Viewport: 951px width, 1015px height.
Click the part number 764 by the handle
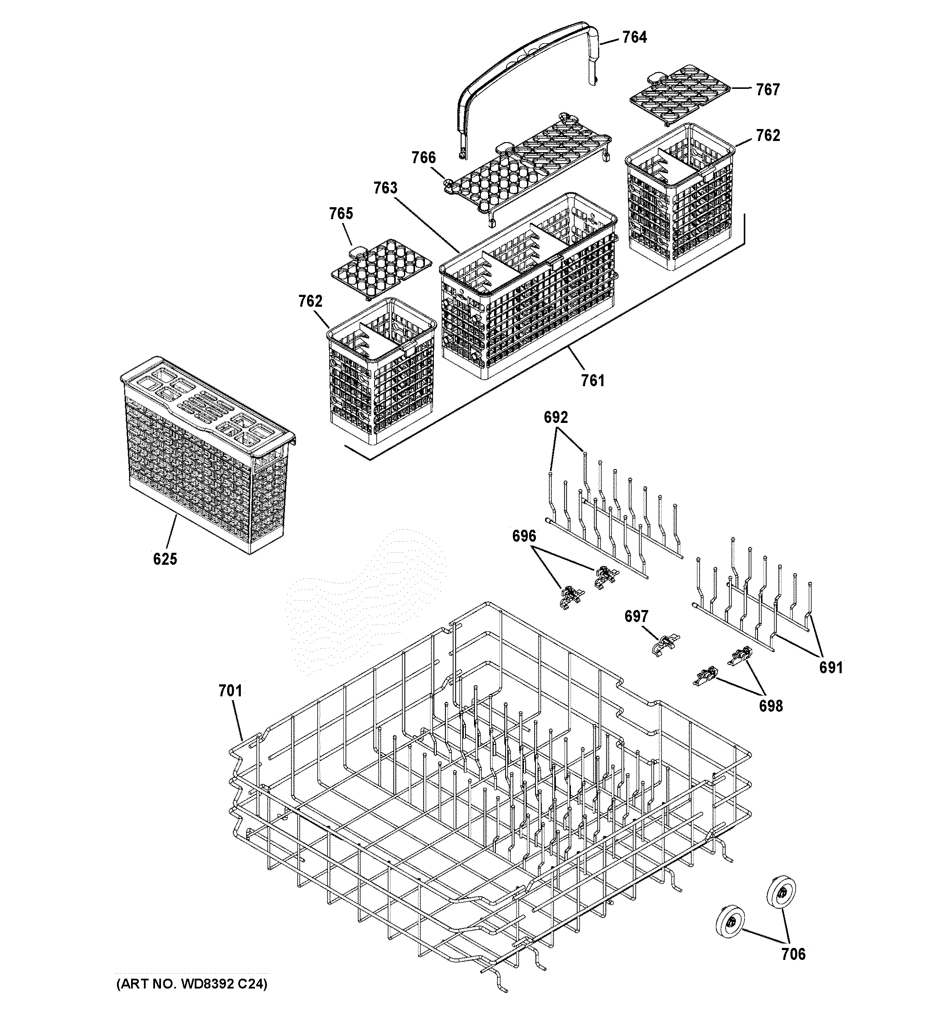pos(634,37)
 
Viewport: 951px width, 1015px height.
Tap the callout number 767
pos(768,90)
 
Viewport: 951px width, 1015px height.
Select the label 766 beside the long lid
pos(424,158)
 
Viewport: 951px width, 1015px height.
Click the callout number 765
pos(341,214)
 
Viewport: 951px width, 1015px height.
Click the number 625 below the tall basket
pos(165,559)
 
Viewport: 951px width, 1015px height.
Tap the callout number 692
pos(556,418)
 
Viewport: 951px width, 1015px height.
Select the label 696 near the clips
pos(524,536)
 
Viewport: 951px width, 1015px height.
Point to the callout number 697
pos(636,617)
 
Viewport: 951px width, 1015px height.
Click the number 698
pos(770,706)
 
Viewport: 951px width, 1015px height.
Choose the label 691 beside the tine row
pos(831,667)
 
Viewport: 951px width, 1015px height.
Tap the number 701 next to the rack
pos(230,691)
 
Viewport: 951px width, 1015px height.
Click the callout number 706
pos(793,954)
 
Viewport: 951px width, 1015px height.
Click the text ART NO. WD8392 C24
pos(191,984)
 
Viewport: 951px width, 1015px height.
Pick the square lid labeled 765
pos(380,268)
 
